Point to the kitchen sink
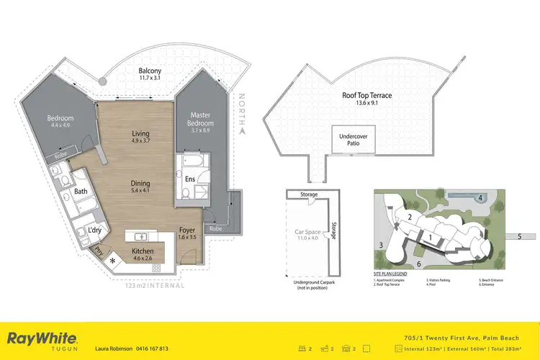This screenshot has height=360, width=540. [142, 236]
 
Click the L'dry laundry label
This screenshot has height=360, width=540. [94, 230]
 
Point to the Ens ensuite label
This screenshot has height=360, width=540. [191, 179]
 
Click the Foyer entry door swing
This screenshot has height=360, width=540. [189, 254]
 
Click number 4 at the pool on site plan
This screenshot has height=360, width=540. [480, 198]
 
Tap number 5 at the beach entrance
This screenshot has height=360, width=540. [518, 235]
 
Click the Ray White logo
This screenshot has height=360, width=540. [42, 338]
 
